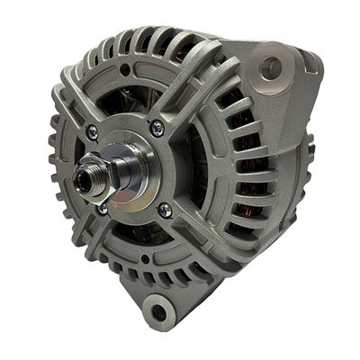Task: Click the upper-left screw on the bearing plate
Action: (x=92, y=131)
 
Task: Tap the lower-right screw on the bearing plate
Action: (x=165, y=210)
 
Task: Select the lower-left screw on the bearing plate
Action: (x=103, y=209)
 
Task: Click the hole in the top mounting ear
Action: (x=270, y=66)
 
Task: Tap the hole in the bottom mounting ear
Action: (x=159, y=312)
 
